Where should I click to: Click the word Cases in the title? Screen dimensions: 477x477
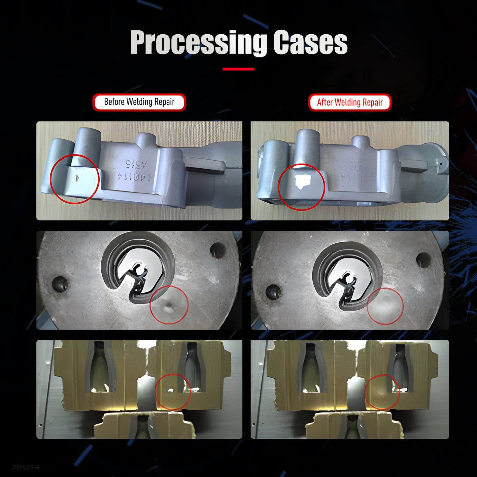click(310, 43)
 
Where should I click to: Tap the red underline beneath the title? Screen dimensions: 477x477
click(238, 69)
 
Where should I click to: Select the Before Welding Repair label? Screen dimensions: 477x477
click(139, 102)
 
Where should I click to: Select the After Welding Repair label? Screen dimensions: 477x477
click(350, 102)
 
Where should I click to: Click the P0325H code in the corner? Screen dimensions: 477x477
click(25, 467)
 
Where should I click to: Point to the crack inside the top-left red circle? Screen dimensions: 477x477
click(77, 178)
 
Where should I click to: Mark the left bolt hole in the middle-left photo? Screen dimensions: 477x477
click(60, 284)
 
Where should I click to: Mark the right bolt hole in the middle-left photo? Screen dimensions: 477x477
click(218, 250)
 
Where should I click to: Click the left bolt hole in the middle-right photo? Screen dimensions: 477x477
click(273, 292)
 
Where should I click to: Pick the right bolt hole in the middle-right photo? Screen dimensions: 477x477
click(423, 260)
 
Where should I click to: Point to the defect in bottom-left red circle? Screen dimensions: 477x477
click(171, 390)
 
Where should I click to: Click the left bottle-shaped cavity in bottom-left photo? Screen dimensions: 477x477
click(101, 366)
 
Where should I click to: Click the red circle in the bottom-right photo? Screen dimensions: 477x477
click(382, 392)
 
